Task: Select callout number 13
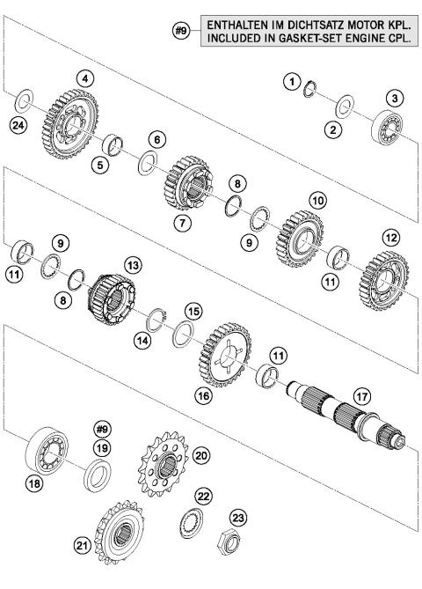132,263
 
